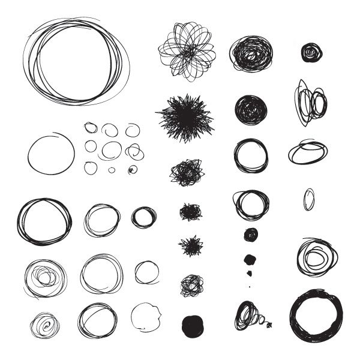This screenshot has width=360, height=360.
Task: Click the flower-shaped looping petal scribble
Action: [x=187, y=52]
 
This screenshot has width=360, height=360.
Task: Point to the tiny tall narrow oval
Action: [x=308, y=199]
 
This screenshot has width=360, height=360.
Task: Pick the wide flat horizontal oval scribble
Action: [x=308, y=152]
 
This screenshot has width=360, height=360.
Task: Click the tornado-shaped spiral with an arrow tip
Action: [x=250, y=316]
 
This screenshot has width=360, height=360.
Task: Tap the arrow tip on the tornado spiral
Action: [x=269, y=325]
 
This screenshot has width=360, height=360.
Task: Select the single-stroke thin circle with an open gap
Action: [x=51, y=154]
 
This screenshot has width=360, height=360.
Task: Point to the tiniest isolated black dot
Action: [x=250, y=286]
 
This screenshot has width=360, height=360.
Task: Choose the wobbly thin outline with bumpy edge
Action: [x=146, y=316]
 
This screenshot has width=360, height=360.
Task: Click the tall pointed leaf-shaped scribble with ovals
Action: [x=310, y=103]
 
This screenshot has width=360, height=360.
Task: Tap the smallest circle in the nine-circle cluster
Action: [x=112, y=170]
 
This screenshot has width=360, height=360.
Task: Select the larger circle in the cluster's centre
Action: [x=111, y=149]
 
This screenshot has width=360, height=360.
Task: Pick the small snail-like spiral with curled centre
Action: [x=45, y=325]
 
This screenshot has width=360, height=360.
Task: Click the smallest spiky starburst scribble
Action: [x=191, y=245]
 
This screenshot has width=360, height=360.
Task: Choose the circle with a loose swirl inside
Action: [x=316, y=256]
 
